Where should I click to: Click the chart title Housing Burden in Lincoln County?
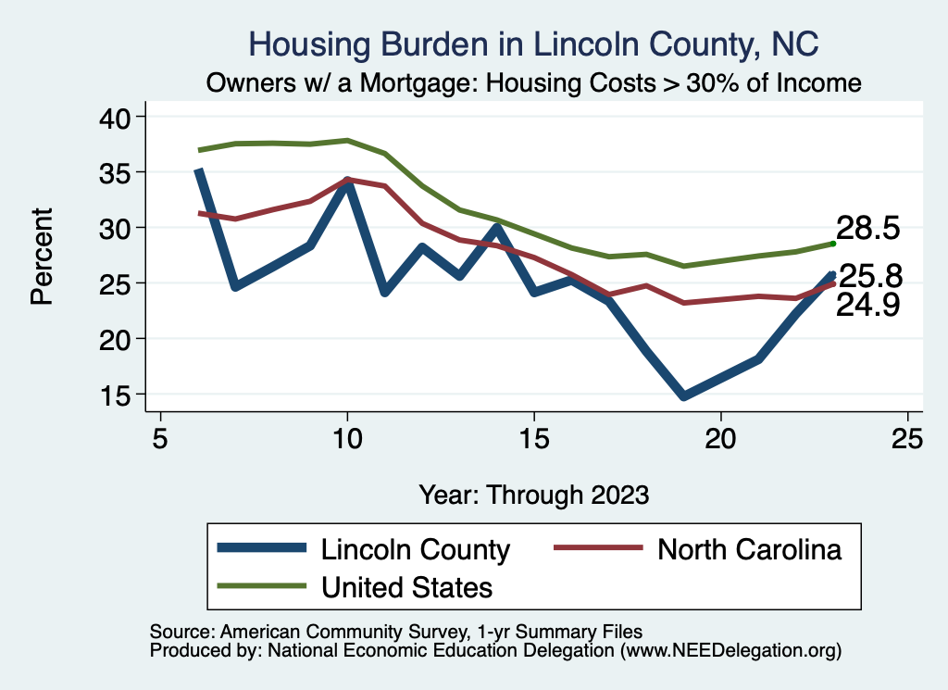(534, 44)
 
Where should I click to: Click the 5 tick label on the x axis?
(160, 438)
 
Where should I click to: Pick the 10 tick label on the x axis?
(347, 438)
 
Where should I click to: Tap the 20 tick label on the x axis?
(720, 438)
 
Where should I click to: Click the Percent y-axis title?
(41, 256)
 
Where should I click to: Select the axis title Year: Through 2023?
(533, 494)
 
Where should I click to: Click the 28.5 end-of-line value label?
(867, 228)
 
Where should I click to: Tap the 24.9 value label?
(867, 306)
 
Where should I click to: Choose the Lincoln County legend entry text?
(415, 549)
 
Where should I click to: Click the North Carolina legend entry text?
(749, 549)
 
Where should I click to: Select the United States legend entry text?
(406, 586)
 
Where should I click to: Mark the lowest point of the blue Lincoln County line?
(683, 396)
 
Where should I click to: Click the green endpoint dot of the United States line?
(833, 244)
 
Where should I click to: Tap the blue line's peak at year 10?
(347, 182)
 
